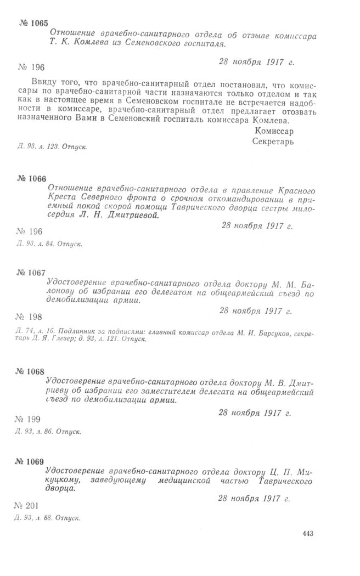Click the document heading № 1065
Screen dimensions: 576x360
tap(32, 23)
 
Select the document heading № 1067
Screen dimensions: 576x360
tap(32, 273)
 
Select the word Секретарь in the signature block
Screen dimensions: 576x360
tap(273, 141)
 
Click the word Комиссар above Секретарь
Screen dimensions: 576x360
tap(274, 131)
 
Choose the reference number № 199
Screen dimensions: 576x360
tap(27, 419)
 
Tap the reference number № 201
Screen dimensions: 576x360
tap(27, 505)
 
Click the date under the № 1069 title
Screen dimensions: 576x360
tap(254, 499)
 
